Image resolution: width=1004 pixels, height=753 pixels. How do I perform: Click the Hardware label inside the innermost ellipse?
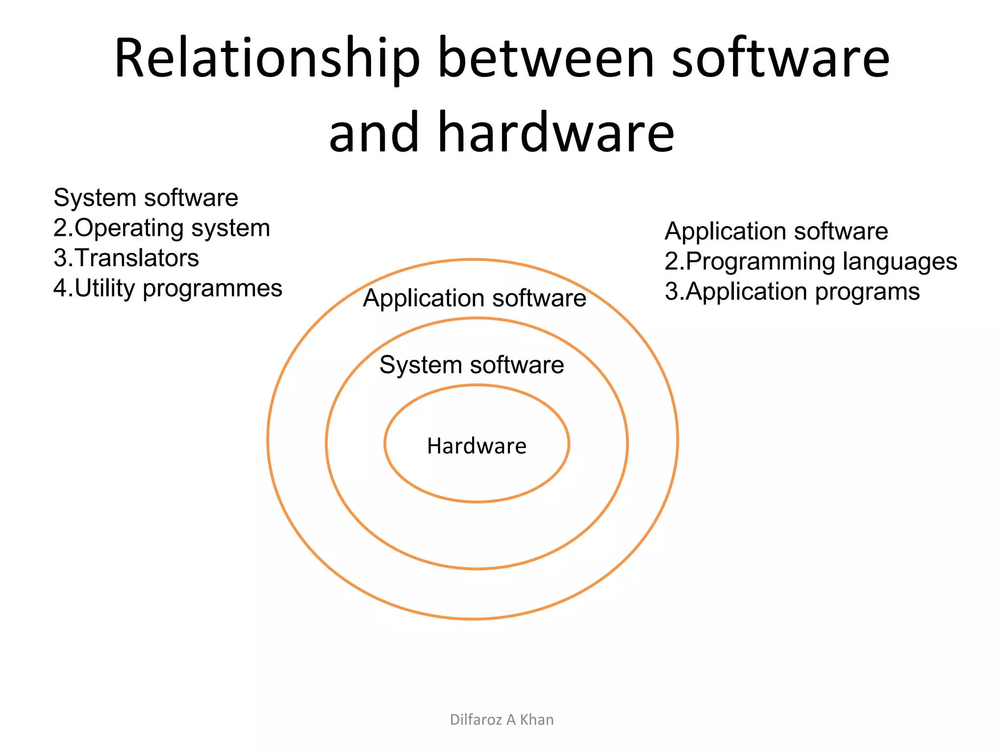tap(477, 446)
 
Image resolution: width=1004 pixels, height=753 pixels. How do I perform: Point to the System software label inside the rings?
tap(472, 365)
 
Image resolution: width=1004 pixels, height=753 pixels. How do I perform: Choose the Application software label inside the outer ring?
tap(474, 298)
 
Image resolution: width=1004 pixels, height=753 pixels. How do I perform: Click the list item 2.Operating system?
tap(162, 228)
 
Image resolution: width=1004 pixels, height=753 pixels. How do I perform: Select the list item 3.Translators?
tap(126, 258)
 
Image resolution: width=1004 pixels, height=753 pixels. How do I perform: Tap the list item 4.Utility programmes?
tap(168, 288)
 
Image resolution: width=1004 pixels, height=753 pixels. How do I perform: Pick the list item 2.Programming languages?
tap(810, 261)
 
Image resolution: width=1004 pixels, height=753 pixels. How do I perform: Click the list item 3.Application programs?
tap(792, 292)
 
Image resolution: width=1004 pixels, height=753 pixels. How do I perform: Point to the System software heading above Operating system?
tap(146, 198)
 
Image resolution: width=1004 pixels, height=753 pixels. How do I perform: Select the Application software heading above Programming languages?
tap(776, 231)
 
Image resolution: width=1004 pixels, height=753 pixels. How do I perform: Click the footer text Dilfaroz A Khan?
tap(502, 719)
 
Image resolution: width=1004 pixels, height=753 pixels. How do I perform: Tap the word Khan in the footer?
tap(537, 719)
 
